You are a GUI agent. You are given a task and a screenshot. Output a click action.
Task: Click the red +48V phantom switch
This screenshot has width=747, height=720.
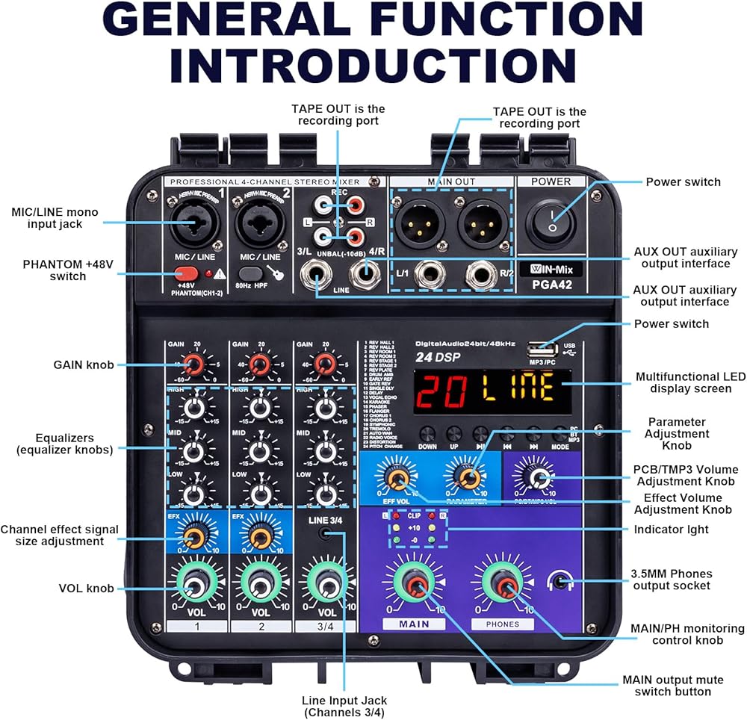188,274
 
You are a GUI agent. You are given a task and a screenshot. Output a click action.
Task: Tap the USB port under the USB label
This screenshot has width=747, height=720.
543,350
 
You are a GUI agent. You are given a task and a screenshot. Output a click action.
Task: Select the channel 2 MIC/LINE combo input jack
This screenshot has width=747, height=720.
258,223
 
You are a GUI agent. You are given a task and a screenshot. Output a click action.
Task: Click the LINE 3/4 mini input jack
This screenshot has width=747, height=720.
325,533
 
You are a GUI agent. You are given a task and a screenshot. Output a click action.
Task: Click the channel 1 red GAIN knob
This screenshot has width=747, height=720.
193,364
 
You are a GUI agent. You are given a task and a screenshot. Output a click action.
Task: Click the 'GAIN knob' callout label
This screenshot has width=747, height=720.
84,364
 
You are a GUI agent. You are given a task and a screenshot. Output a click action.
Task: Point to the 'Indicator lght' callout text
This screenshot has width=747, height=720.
672,530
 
